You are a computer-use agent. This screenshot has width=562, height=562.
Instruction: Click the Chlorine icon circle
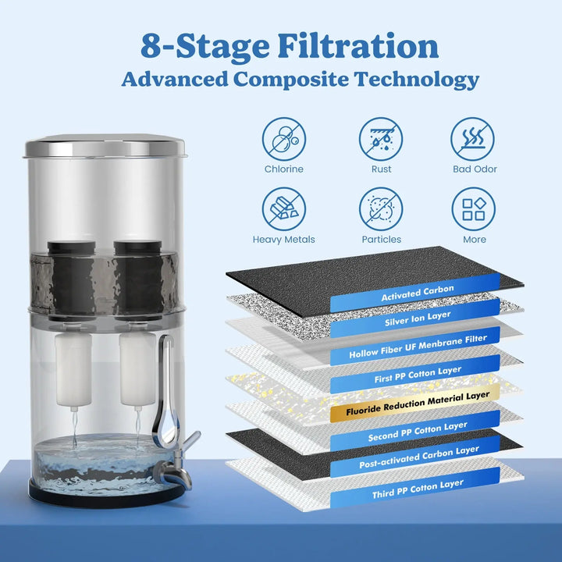pos(283,139)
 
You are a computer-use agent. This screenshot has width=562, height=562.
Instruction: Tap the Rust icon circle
pos(381,139)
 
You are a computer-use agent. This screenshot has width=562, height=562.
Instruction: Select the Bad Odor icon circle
pos(475,139)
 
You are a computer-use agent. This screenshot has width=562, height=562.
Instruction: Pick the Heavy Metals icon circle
pos(283,209)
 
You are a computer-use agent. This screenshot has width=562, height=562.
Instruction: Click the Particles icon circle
pos(381,209)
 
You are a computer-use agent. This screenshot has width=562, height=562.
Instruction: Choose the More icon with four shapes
pos(475,209)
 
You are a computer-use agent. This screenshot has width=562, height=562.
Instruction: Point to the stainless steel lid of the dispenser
pos(105,146)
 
